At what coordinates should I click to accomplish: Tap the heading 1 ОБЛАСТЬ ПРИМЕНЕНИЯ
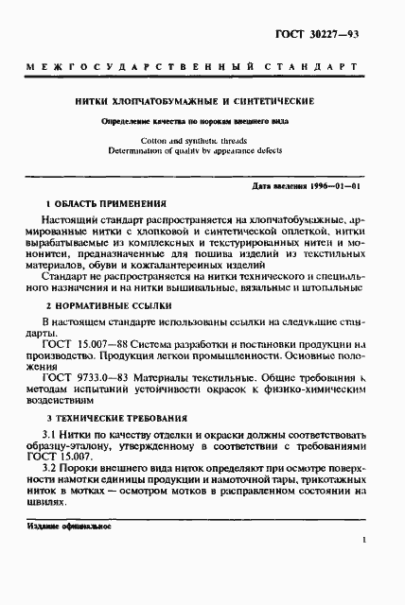pyautogui.click(x=107, y=204)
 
